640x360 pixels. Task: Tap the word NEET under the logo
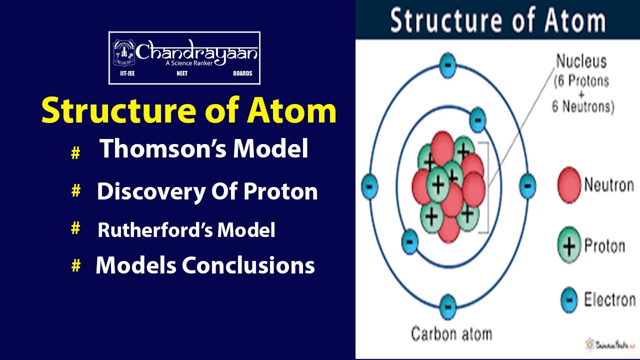click(182, 73)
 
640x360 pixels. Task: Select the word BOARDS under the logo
click(242, 73)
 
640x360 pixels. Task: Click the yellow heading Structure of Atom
click(188, 111)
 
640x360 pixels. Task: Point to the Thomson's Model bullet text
click(203, 149)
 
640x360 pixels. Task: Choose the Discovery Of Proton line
click(207, 191)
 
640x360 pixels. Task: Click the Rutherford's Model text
click(186, 230)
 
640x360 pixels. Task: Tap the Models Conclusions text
click(205, 265)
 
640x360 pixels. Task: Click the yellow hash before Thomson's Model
click(75, 153)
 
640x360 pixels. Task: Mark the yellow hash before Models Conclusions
click(75, 266)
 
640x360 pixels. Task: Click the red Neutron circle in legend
click(569, 185)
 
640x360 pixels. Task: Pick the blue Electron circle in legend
click(569, 300)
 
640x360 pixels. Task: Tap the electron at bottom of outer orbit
click(447, 306)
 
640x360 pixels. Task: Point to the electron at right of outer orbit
click(527, 185)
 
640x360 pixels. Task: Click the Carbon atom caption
click(451, 333)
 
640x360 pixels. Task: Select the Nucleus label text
click(581, 62)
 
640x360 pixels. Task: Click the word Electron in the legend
click(609, 300)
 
